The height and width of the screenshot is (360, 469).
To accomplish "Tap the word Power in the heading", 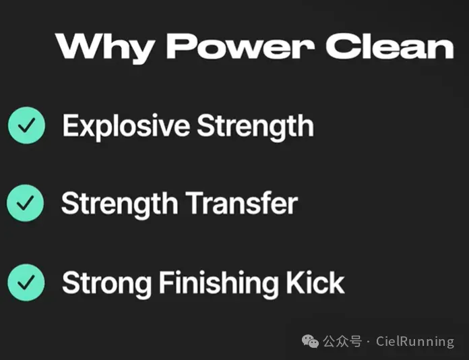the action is pyautogui.click(x=240, y=46).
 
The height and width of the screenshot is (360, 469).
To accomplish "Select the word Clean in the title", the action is pyautogui.click(x=389, y=46).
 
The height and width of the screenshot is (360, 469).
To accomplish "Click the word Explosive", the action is pyautogui.click(x=126, y=126).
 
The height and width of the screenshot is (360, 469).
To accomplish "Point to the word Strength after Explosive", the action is pyautogui.click(x=255, y=126).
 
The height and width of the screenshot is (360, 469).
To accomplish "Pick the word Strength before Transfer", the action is pyautogui.click(x=120, y=204).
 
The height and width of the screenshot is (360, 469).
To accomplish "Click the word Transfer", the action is pyautogui.click(x=242, y=203).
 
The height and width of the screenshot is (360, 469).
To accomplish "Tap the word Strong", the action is pyautogui.click(x=106, y=283).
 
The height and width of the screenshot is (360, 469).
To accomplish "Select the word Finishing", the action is pyautogui.click(x=218, y=283).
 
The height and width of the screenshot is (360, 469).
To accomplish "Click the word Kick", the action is pyautogui.click(x=315, y=282).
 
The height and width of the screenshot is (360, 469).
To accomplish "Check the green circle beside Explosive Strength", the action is pyautogui.click(x=27, y=125).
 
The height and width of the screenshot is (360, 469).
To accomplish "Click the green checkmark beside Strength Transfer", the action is pyautogui.click(x=25, y=203).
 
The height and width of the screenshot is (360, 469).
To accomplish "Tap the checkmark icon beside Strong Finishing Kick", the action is pyautogui.click(x=26, y=282).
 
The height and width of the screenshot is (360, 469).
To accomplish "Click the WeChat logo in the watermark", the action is pyautogui.click(x=310, y=341).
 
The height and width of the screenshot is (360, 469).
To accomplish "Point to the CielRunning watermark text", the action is pyautogui.click(x=415, y=341).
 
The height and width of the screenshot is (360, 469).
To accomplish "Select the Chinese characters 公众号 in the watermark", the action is pyautogui.click(x=342, y=341).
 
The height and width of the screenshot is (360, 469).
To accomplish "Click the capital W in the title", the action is pyautogui.click(x=77, y=46).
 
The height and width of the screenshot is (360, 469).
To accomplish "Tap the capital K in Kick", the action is pyautogui.click(x=295, y=282).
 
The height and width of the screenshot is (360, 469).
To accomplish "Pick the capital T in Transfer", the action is pyautogui.click(x=195, y=203).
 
